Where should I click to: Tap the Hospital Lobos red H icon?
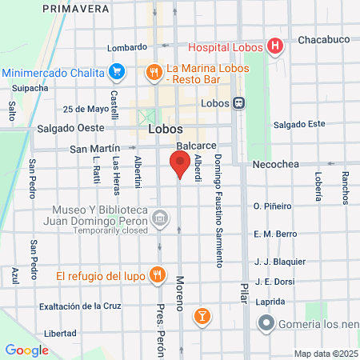click(x=274, y=46)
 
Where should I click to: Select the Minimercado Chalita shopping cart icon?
click(x=117, y=72)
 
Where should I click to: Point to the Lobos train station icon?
click(x=238, y=103)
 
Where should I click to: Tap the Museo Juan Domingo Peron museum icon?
click(x=160, y=218)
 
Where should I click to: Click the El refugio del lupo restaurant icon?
click(x=158, y=276)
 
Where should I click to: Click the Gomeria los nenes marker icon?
click(x=266, y=324)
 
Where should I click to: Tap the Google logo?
click(x=26, y=350)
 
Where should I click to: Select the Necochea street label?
click(x=275, y=164)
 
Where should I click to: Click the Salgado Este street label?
click(x=299, y=124)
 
